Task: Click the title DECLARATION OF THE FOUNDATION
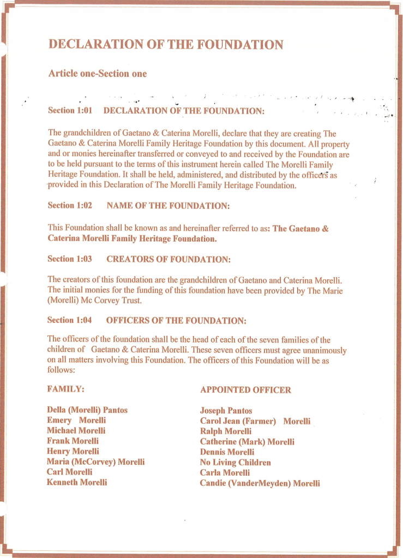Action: click(x=166, y=45)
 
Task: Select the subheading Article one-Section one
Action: click(x=97, y=74)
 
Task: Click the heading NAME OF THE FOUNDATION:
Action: click(x=168, y=206)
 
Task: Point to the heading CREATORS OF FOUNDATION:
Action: click(x=169, y=259)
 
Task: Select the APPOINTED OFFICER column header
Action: click(x=245, y=390)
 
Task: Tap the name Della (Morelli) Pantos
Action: click(x=87, y=410)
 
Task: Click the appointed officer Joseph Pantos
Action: click(x=226, y=411)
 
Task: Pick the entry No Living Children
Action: click(x=236, y=463)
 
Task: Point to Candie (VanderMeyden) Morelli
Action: click(x=260, y=483)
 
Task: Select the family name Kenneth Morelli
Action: click(x=77, y=482)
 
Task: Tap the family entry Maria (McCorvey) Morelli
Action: click(x=95, y=462)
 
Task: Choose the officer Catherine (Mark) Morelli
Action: click(x=247, y=442)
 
